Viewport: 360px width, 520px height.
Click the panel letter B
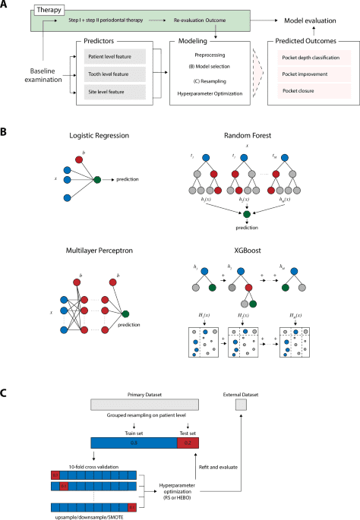5,132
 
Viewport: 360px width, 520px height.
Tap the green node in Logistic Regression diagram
97,180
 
